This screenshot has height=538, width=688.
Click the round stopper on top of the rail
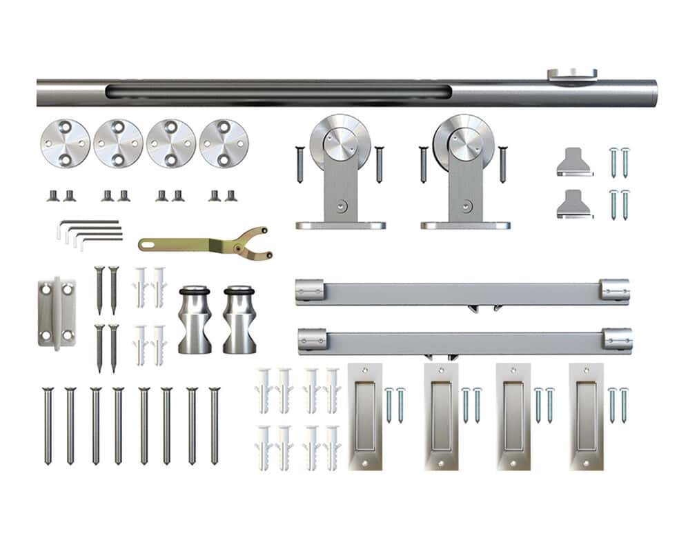(x=572, y=74)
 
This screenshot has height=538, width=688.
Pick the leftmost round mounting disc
(x=65, y=143)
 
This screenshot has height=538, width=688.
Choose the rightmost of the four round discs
(x=224, y=143)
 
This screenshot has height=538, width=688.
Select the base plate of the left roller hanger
(x=341, y=225)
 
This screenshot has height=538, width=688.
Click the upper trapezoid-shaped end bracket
(x=574, y=162)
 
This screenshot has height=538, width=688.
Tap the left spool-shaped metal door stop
(x=195, y=319)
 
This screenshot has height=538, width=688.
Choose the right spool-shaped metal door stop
(x=239, y=319)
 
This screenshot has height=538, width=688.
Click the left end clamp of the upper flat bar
(x=311, y=290)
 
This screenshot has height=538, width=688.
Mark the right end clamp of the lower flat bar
(x=616, y=339)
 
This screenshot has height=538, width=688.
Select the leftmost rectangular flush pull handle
(x=365, y=417)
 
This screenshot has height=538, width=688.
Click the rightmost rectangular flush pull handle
(x=586, y=417)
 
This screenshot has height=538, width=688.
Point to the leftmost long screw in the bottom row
(x=48, y=425)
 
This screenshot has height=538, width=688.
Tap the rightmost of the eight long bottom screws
(x=214, y=425)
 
